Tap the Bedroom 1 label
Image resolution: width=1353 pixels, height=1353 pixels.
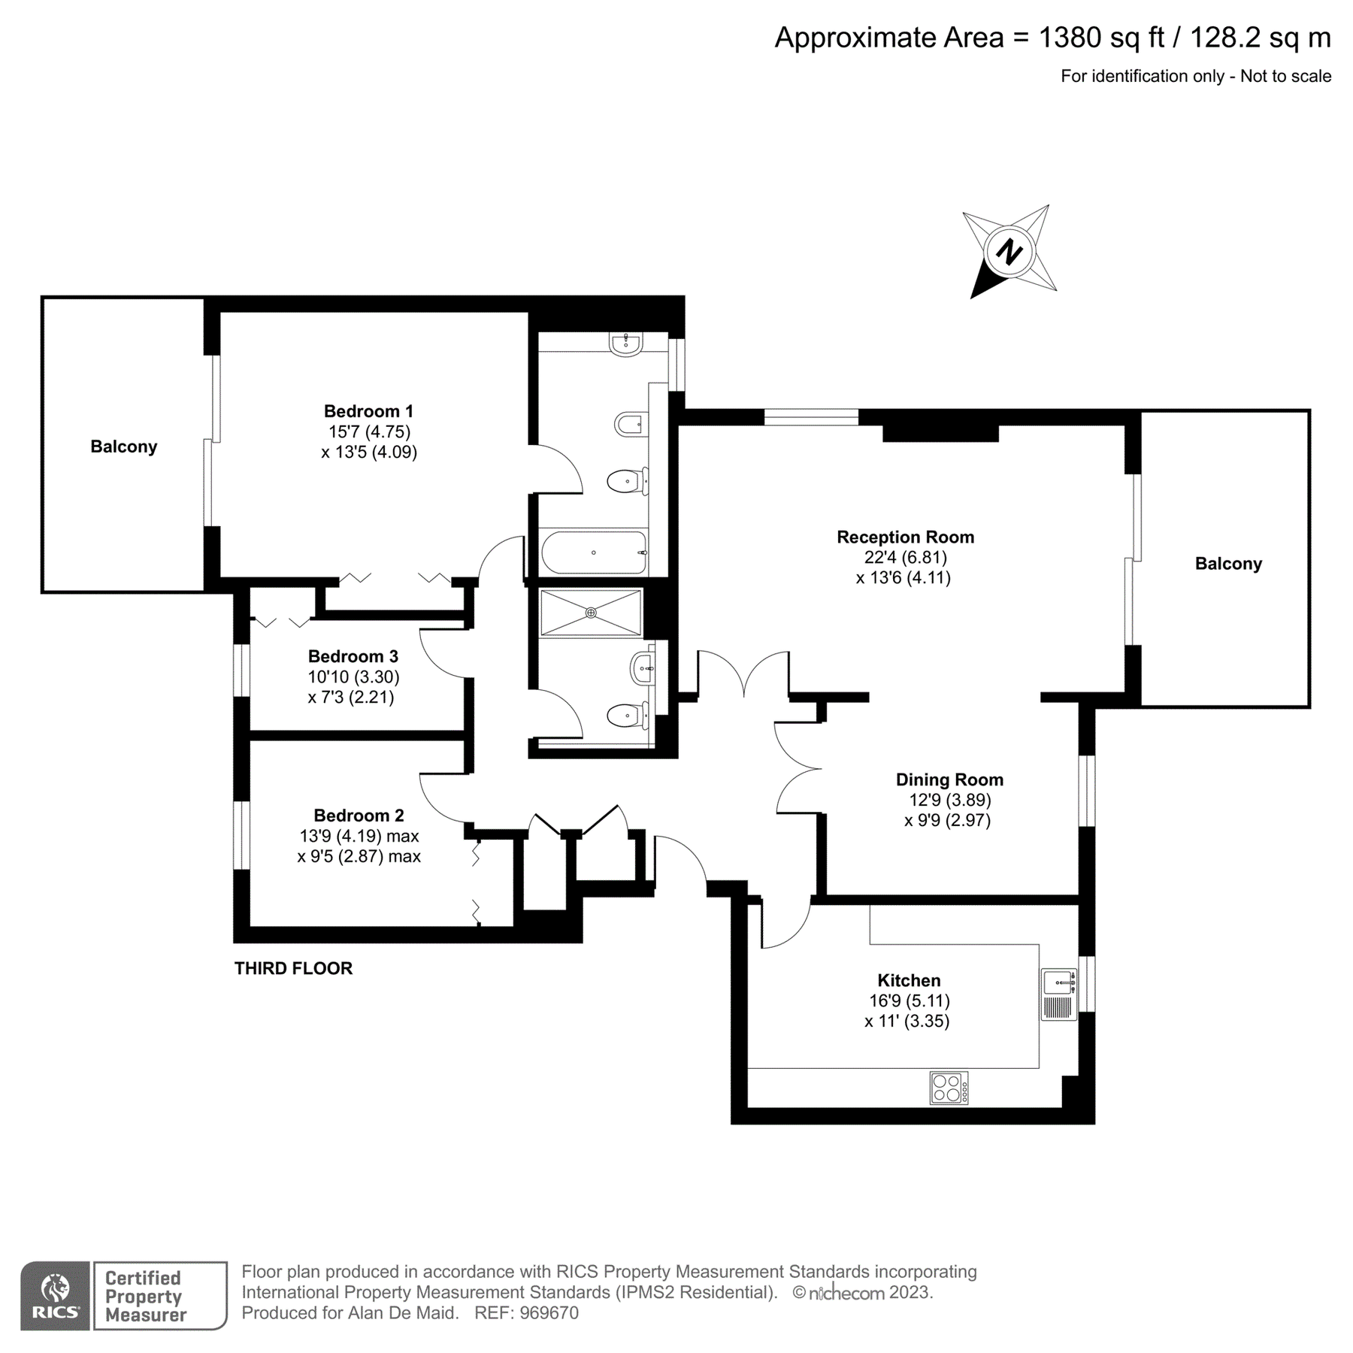tap(368, 411)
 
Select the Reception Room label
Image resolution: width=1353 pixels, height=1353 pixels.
tap(905, 537)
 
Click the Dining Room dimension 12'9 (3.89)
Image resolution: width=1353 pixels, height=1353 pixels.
tap(948, 800)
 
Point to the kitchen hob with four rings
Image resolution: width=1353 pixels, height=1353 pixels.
tap(949, 1088)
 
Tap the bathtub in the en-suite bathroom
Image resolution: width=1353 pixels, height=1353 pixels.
tap(594, 552)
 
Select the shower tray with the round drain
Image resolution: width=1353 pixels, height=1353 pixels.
tap(591, 613)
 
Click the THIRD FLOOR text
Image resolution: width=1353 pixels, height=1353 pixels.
tap(293, 968)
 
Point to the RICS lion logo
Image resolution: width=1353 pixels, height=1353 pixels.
tap(55, 1294)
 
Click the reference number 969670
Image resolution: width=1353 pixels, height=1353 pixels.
tap(549, 1312)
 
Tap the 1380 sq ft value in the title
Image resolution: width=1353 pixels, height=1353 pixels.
tap(1101, 38)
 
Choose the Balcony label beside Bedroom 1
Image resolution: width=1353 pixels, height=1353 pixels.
tap(124, 446)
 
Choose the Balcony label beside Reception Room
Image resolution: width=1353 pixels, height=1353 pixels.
tap(1228, 564)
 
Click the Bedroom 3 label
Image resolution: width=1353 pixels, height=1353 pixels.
tap(353, 656)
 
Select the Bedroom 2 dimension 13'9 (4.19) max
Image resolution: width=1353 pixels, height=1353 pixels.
tap(359, 836)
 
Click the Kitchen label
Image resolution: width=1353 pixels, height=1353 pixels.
tap(909, 980)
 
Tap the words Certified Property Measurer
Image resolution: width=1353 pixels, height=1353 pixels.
tap(145, 1296)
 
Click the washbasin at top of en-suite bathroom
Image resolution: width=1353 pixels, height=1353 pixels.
tap(625, 344)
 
